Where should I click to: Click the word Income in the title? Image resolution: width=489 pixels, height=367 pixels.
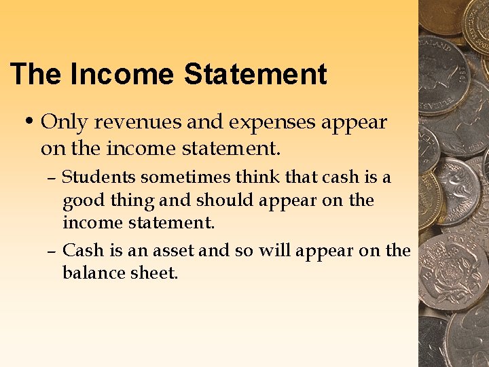(x=122, y=74)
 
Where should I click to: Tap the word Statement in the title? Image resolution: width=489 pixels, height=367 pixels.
(x=255, y=74)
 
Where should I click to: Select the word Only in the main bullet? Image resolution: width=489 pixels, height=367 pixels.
(x=65, y=122)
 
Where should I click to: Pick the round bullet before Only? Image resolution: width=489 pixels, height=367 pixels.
(x=29, y=122)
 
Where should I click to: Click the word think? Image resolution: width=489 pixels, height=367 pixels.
(x=255, y=177)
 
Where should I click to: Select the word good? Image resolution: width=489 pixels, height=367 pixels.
(x=79, y=201)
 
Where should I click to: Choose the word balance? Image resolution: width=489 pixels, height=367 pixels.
(x=92, y=273)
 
